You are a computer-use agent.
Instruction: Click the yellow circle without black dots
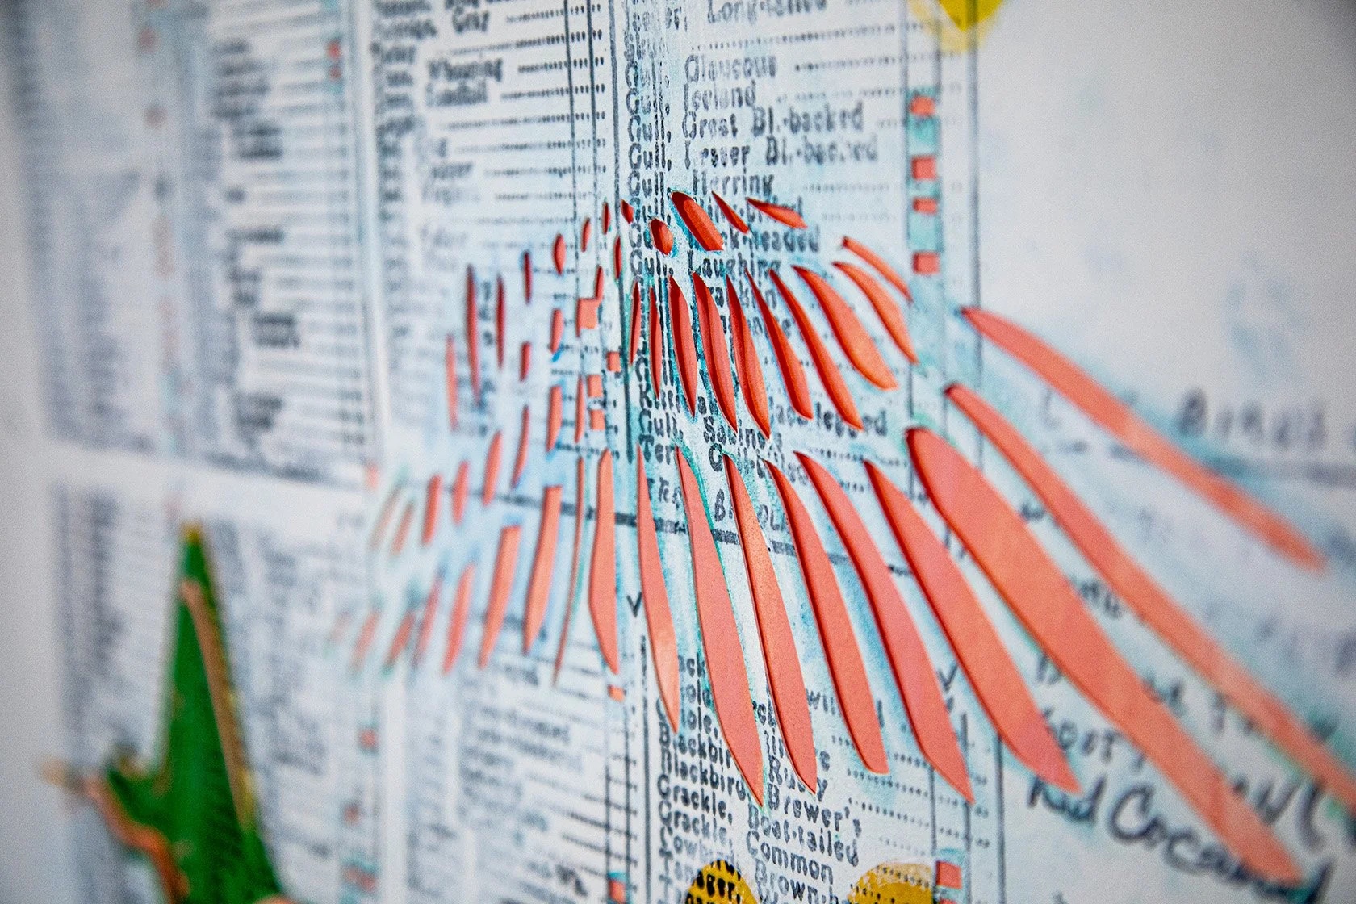896,884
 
